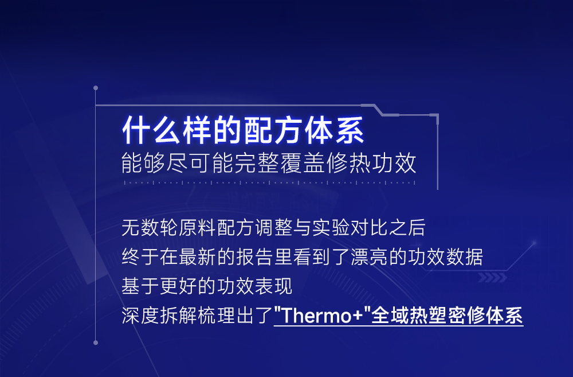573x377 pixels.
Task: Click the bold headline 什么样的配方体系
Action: tap(243, 130)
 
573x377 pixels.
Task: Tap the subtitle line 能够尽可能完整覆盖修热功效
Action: tap(269, 163)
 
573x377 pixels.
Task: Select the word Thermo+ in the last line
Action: tap(322, 315)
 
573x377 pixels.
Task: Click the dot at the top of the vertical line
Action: tap(96, 88)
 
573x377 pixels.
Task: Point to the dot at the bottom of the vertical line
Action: tap(96, 343)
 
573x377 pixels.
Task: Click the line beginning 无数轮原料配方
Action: tap(273, 227)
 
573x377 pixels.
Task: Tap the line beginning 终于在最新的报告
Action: tap(302, 256)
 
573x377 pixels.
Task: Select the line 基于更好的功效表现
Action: tap(207, 286)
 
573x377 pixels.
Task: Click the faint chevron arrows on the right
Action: tap(492, 278)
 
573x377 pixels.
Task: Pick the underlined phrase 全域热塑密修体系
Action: tap(446, 315)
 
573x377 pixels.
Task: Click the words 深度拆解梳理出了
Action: tap(197, 315)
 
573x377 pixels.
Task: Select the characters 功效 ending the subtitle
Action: tap(394, 163)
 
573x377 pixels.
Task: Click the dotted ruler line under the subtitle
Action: tap(270, 182)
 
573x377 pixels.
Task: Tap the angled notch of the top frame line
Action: tap(378, 110)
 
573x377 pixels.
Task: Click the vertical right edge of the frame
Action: tap(437, 152)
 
